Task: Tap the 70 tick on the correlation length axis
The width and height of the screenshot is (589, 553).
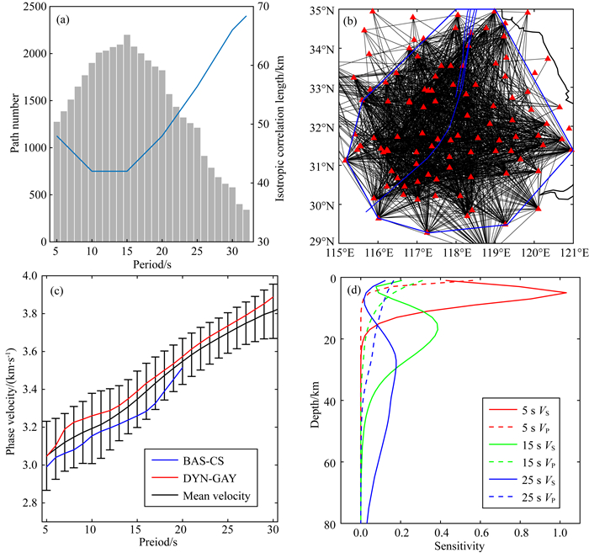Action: [263, 8]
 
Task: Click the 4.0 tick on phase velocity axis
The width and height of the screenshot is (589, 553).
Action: [29, 276]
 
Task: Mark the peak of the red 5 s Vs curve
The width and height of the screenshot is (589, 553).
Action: [565, 293]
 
